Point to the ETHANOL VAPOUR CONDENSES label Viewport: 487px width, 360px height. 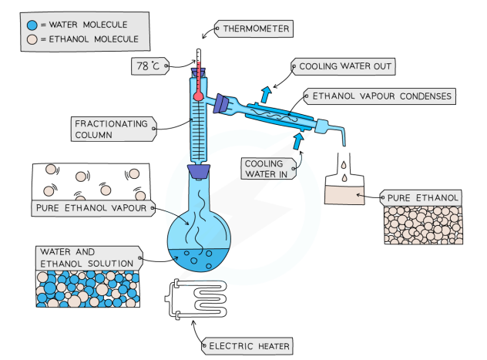[x=381, y=97]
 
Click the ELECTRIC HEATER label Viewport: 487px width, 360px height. [x=249, y=346]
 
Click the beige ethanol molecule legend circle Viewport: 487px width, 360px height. [x=29, y=39]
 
